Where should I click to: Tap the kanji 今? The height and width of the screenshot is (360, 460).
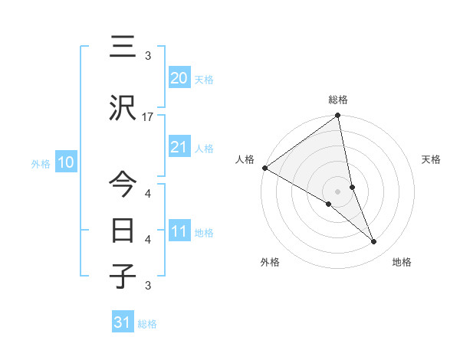pyautogui.click(x=123, y=185)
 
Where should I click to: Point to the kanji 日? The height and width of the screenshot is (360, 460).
pyautogui.click(x=123, y=230)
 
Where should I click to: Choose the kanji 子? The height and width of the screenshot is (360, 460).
pyautogui.click(x=123, y=277)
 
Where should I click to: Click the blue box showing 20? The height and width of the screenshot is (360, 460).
pyautogui.click(x=179, y=78)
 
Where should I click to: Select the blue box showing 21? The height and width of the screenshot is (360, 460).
pyautogui.click(x=179, y=148)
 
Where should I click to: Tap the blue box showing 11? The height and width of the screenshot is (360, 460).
pyautogui.click(x=179, y=232)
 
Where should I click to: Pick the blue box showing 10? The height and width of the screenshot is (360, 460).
pyautogui.click(x=65, y=162)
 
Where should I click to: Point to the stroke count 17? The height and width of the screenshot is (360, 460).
pyautogui.click(x=148, y=117)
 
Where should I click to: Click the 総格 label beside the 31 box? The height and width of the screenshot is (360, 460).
pyautogui.click(x=147, y=324)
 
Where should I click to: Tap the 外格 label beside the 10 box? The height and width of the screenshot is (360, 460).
pyautogui.click(x=41, y=163)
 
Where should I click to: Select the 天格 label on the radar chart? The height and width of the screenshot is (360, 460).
pyautogui.click(x=432, y=159)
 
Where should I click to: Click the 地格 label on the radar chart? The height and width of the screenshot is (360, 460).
pyautogui.click(x=402, y=262)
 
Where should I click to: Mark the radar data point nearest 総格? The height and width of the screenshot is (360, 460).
pyautogui.click(x=337, y=116)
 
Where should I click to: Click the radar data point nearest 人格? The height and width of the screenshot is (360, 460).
pyautogui.click(x=264, y=168)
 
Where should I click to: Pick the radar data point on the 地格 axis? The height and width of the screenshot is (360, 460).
pyautogui.click(x=374, y=242)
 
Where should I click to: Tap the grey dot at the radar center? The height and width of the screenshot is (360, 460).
pyautogui.click(x=337, y=191)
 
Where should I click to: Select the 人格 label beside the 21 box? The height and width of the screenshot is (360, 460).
pyautogui.click(x=204, y=149)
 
